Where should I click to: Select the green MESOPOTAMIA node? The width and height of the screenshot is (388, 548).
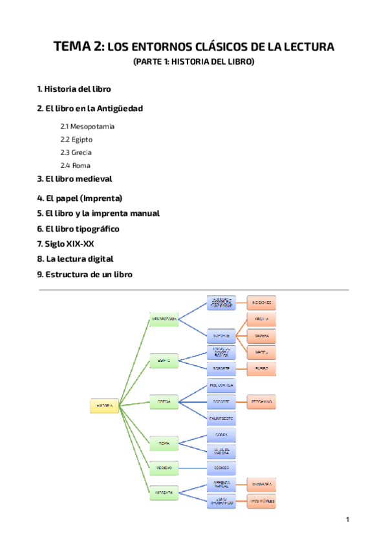click(164, 319)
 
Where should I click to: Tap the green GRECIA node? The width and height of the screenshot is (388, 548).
click(164, 401)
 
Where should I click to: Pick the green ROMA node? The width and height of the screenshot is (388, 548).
click(164, 443)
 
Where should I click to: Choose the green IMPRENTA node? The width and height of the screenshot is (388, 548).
click(164, 492)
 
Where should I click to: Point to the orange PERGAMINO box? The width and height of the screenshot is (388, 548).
click(262, 401)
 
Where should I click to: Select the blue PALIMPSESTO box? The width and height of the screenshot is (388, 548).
click(222, 418)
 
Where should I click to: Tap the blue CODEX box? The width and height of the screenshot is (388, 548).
click(222, 435)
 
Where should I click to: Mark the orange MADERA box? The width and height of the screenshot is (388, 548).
click(262, 336)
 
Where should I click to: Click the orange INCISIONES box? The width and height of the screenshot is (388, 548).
click(262, 302)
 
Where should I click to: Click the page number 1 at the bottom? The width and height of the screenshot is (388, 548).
click(347, 520)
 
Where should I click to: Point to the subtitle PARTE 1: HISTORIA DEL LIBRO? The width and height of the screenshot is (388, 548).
click(194, 62)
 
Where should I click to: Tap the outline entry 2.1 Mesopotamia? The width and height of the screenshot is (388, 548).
click(87, 126)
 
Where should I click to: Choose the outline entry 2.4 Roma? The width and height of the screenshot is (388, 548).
click(75, 165)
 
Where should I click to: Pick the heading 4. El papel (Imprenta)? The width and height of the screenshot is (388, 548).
click(80, 198)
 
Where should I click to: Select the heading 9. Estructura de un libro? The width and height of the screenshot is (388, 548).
click(85, 275)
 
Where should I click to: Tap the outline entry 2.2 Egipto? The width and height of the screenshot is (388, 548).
click(76, 139)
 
